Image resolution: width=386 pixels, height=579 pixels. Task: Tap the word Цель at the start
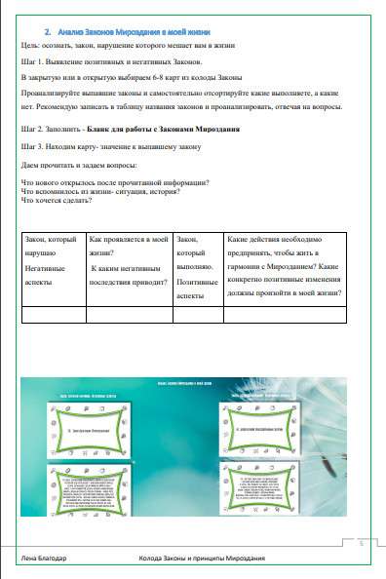coord(29,46)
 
